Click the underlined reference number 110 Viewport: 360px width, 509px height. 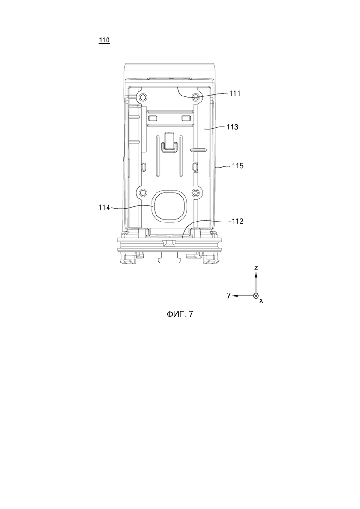tap(104, 40)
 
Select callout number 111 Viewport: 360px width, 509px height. tap(235, 94)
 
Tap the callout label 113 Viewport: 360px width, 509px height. tap(233, 127)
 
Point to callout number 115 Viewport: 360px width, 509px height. tap(238, 166)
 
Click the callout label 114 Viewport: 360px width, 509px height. tap(104, 208)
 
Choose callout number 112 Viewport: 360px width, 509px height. tap(237, 222)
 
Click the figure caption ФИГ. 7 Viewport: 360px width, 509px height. tap(180, 314)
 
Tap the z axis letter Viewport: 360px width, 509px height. tap(256, 268)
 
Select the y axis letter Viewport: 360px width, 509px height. tap(229, 295)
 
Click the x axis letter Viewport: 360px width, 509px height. tap(261, 301)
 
